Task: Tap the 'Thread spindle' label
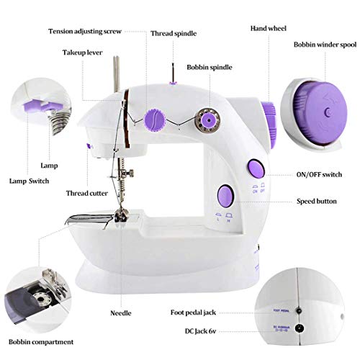point(174,33)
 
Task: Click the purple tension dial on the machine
point(155,118)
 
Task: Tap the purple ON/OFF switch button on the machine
point(256,168)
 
